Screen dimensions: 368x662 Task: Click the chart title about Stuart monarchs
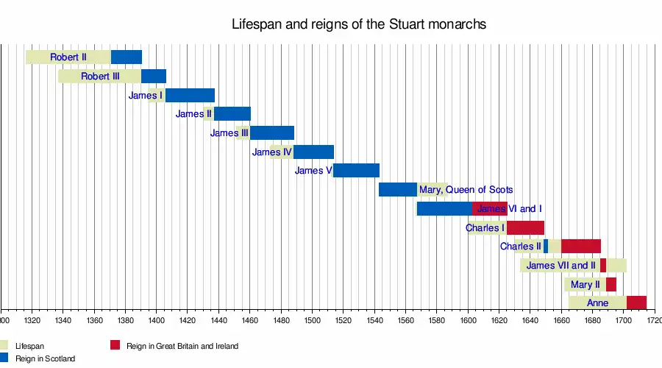pyautogui.click(x=359, y=24)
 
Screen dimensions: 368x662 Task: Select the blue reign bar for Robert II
pyautogui.click(x=127, y=57)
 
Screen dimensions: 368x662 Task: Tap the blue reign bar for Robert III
pyautogui.click(x=154, y=76)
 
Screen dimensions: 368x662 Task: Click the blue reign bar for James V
pyautogui.click(x=356, y=170)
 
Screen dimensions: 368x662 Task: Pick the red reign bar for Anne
pyautogui.click(x=636, y=302)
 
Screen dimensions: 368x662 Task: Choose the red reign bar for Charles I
pyautogui.click(x=525, y=227)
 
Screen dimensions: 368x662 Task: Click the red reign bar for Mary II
pyautogui.click(x=611, y=284)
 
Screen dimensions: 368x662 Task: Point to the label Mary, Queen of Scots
pyautogui.click(x=466, y=190)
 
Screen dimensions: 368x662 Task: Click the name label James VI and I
pyautogui.click(x=510, y=209)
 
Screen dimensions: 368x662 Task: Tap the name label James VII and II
pyautogui.click(x=561, y=266)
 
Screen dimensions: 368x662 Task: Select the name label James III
pyautogui.click(x=229, y=133)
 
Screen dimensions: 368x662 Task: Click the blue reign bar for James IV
pyautogui.click(x=313, y=152)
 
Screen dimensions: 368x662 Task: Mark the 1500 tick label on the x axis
pyautogui.click(x=312, y=320)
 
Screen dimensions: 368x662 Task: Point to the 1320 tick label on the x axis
pyautogui.click(x=32, y=320)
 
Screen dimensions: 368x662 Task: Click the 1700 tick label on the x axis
pyautogui.click(x=623, y=320)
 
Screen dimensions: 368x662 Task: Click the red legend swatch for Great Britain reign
pyautogui.click(x=115, y=345)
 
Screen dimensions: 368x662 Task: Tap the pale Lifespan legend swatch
pyautogui.click(x=4, y=345)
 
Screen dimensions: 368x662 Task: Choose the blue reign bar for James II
pyautogui.click(x=232, y=113)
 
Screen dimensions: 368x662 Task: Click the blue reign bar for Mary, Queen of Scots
pyautogui.click(x=398, y=189)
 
